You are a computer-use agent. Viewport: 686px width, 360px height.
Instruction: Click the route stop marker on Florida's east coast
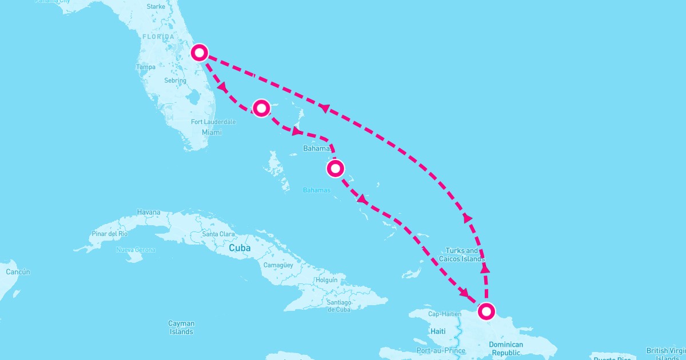point(199,53)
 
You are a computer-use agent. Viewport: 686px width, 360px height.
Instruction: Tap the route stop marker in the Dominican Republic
point(486,311)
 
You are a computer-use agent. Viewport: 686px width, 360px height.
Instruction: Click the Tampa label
point(146,67)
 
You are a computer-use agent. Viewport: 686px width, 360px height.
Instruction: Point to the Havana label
point(149,213)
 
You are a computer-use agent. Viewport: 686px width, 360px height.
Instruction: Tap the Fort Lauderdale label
point(213,122)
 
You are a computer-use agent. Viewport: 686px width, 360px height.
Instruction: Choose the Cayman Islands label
point(181,327)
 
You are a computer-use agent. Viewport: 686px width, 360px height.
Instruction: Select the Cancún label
point(18,272)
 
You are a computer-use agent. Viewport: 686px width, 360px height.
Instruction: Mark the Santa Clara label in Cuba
point(218,234)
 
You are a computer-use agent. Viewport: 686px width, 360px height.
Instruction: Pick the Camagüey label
point(278,265)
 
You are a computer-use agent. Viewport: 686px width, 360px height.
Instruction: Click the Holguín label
point(326,281)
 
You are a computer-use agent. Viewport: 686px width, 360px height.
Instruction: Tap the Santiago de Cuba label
point(339,306)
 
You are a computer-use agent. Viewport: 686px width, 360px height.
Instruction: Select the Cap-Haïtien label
point(445,314)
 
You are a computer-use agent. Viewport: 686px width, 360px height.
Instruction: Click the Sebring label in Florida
point(175,81)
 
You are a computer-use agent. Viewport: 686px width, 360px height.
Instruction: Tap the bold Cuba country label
point(240,249)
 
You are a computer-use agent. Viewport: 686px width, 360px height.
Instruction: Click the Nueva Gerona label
point(135,250)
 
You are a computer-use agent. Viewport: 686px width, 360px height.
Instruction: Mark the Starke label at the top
point(155,7)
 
